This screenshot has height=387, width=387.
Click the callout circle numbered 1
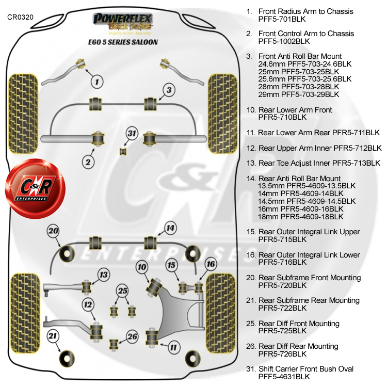click(96, 80)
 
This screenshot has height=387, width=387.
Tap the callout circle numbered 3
click(168, 91)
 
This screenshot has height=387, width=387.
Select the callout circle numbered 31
click(132, 134)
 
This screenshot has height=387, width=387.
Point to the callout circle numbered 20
click(54, 231)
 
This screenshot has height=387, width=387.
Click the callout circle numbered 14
click(170, 228)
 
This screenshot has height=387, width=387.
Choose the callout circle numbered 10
click(142, 266)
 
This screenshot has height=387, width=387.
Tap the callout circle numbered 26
click(133, 337)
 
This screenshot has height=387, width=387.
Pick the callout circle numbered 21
click(52, 336)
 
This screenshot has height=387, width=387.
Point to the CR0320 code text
click(21, 17)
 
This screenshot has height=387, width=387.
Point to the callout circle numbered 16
click(210, 264)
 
